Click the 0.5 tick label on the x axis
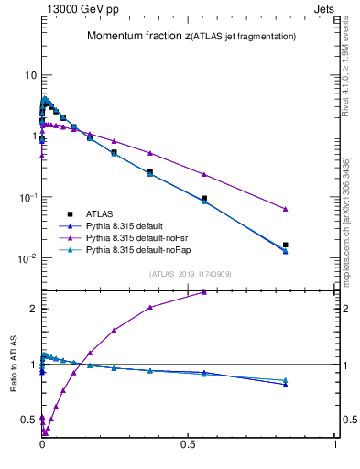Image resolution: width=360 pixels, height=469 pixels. coord(188,453)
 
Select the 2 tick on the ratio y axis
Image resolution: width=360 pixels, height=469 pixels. coord(32,309)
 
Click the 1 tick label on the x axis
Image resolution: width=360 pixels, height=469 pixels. coord(335,453)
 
